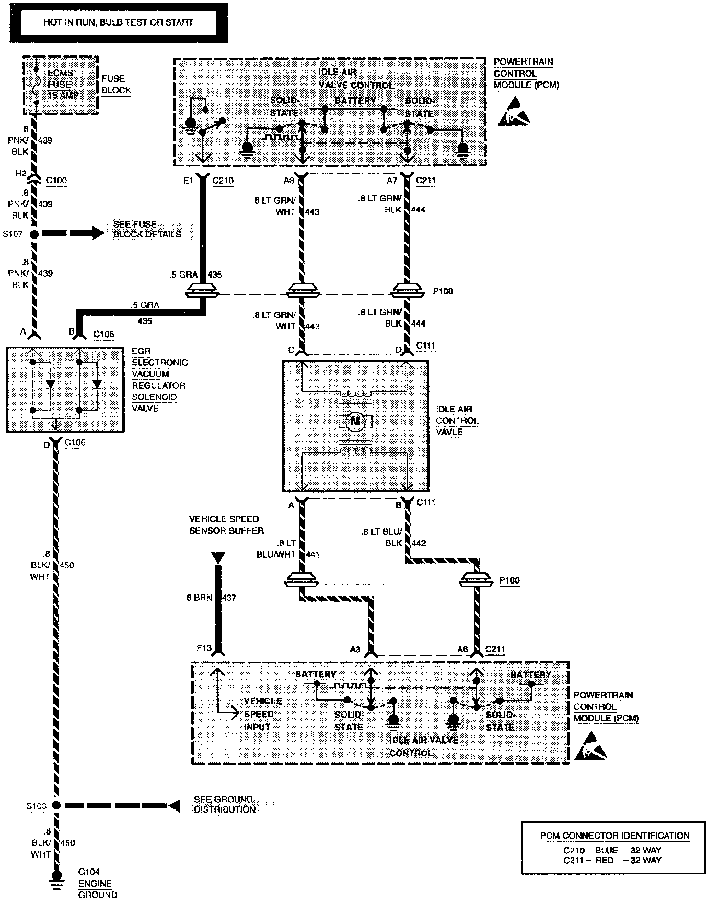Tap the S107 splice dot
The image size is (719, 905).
coord(34,234)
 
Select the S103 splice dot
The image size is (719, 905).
coord(56,805)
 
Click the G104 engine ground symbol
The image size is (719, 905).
coord(56,877)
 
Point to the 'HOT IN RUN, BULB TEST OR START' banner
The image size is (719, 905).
coord(118,22)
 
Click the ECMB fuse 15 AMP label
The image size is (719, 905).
coord(60,85)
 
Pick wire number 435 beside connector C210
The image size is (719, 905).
coord(215,275)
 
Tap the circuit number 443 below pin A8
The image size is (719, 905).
coord(312,212)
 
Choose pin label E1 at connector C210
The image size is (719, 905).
coord(188,181)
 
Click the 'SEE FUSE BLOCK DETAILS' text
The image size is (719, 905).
coord(147,229)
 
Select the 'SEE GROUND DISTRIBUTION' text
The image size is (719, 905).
coord(224,804)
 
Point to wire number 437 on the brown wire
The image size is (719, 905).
coord(229,598)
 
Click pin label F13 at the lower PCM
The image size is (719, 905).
coord(204,648)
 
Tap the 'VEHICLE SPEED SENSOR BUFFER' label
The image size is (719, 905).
coord(226,525)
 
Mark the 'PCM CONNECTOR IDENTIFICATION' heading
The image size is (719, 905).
coord(614,836)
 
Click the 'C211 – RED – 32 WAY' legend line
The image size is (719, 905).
coord(612,860)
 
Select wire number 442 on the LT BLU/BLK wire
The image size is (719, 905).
coord(419,543)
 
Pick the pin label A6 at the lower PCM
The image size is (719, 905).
coord(462,649)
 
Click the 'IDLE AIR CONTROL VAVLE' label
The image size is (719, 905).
coord(457,421)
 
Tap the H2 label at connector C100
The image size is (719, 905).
coord(20,174)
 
